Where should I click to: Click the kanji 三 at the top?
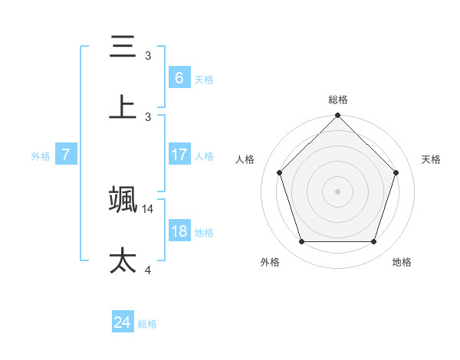pyautogui.click(x=123, y=47)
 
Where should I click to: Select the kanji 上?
pyautogui.click(x=123, y=106)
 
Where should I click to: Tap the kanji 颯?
pyautogui.click(x=123, y=198)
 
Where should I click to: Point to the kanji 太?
pyautogui.click(x=123, y=260)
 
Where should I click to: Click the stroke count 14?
pyautogui.click(x=149, y=208)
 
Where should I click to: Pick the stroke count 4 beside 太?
pyautogui.click(x=148, y=270)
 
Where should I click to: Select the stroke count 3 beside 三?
pyautogui.click(x=148, y=56)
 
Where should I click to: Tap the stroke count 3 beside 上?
pyautogui.click(x=148, y=116)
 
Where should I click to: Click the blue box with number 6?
pyautogui.click(x=179, y=77)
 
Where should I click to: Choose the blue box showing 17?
pyautogui.click(x=179, y=155)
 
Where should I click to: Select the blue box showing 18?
pyautogui.click(x=179, y=231)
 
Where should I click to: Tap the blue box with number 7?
pyautogui.click(x=66, y=155)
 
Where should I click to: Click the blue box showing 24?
pyautogui.click(x=122, y=323)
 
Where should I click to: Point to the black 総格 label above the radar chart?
pyautogui.click(x=338, y=100)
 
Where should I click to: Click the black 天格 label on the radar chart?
pyautogui.click(x=432, y=159)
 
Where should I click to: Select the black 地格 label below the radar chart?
pyautogui.click(x=402, y=262)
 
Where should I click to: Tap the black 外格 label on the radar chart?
pyautogui.click(x=270, y=262)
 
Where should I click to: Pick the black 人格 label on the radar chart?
pyautogui.click(x=245, y=159)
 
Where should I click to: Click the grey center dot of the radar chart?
pyautogui.click(x=338, y=191)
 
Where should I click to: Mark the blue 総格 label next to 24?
pyautogui.click(x=147, y=324)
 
